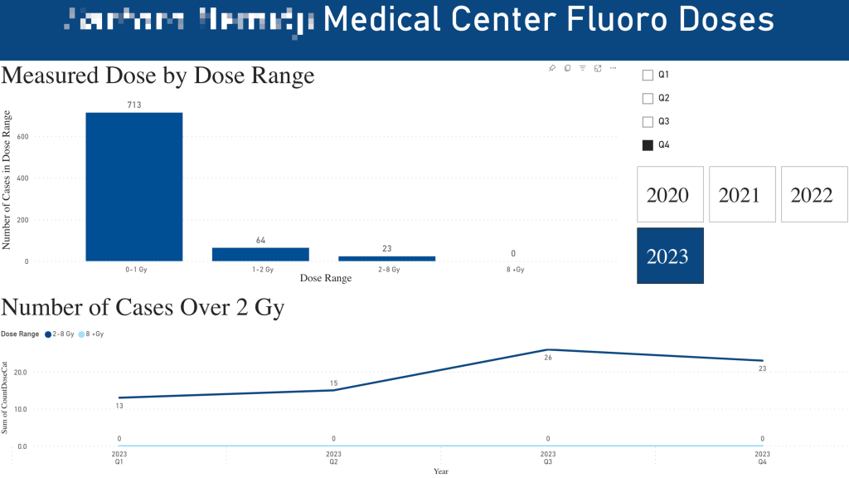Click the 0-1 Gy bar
click(x=134, y=187)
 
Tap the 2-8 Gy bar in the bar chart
click(x=386, y=258)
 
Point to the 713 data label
click(x=134, y=105)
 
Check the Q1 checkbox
click(x=648, y=75)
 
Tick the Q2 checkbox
click(x=648, y=98)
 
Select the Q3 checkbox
click(x=648, y=122)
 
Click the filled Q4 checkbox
click(x=648, y=145)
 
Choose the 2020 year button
click(x=670, y=194)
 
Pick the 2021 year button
click(x=742, y=194)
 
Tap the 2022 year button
click(x=813, y=194)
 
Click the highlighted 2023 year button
click(x=670, y=255)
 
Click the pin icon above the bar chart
click(x=552, y=68)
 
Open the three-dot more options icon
click(x=613, y=68)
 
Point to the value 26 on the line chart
click(x=548, y=358)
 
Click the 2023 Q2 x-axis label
click(x=333, y=458)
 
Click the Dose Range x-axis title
click(x=325, y=279)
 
